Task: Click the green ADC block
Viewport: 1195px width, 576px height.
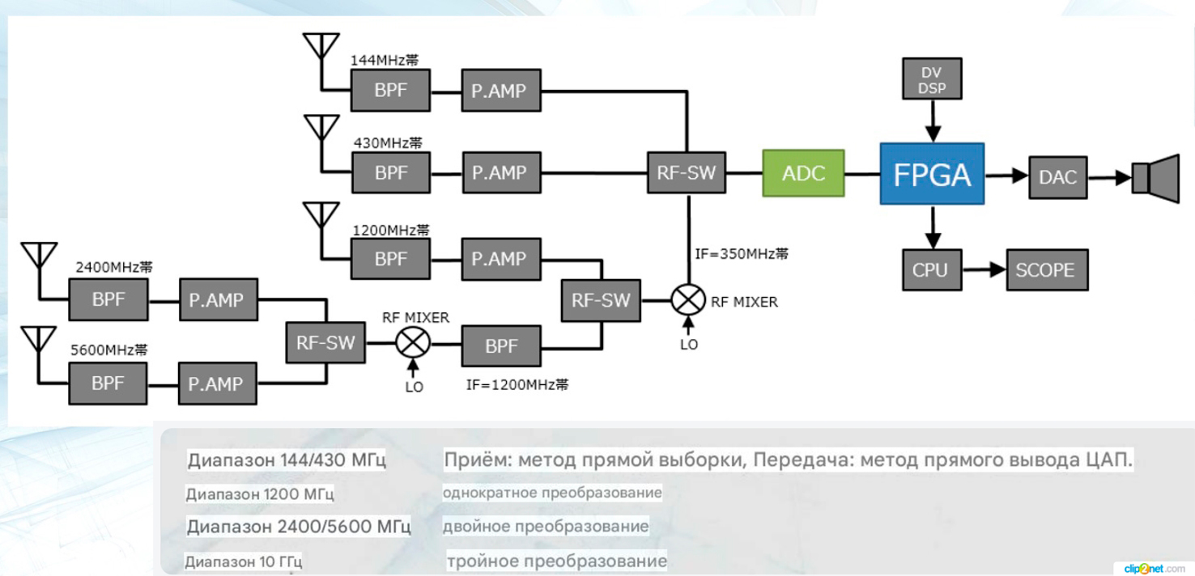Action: pos(802,173)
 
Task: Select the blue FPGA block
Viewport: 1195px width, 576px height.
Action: pos(932,175)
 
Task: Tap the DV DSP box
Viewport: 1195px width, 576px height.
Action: pos(931,79)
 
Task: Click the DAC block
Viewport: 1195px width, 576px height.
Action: pos(1058,176)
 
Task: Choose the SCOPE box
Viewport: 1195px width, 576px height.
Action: pos(1045,269)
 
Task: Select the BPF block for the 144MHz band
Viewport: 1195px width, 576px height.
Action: pos(391,90)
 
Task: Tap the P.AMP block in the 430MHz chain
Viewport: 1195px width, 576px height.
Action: pos(500,172)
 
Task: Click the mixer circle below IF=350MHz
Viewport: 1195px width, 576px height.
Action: pos(687,301)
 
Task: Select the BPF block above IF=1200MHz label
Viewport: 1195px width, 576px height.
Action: pos(501,345)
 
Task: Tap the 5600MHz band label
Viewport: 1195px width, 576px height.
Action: pos(108,351)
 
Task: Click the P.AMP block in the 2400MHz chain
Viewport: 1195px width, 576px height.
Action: pos(216,300)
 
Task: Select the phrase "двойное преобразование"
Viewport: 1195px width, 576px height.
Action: pos(546,527)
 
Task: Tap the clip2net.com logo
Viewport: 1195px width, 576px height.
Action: pos(1154,569)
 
